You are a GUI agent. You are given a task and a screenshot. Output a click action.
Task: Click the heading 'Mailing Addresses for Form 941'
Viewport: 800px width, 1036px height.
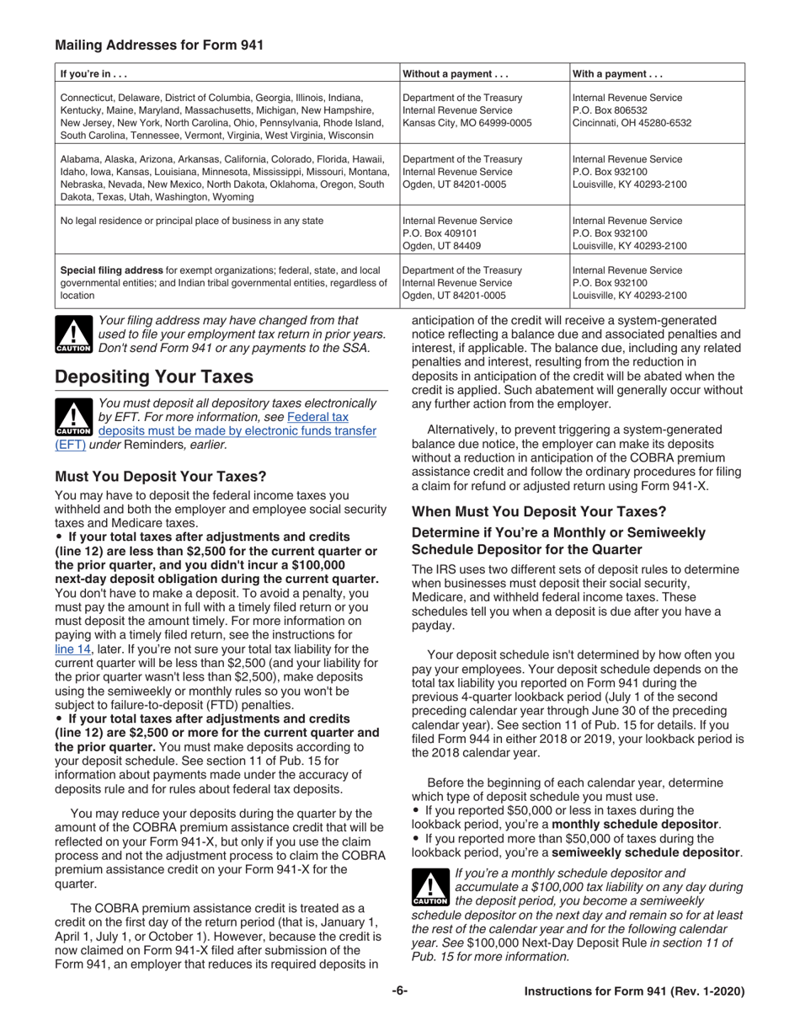158,45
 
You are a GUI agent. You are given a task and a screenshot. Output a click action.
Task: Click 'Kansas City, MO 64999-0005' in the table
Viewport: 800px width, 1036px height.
467,123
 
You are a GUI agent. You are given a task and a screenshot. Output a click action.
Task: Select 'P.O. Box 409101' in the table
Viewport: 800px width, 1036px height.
441,233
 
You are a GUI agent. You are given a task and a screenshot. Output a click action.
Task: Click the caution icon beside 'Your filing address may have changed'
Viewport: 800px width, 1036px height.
73,334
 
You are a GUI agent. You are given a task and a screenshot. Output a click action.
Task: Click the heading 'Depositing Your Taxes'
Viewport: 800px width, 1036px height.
148,376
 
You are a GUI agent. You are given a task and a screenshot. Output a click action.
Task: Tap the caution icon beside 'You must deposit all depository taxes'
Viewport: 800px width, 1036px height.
73,418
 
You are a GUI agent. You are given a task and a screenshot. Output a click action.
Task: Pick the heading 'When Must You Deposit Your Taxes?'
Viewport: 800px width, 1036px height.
538,511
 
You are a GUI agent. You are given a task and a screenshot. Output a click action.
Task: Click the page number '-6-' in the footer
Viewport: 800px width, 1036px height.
400,992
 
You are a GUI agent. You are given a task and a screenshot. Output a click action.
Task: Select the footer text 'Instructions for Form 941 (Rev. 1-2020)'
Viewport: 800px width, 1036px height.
634,992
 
